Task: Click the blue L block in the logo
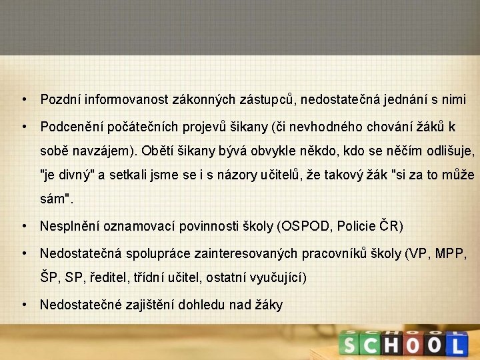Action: point(456,345)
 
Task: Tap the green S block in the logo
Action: point(349,345)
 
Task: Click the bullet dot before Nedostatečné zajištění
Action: point(24,304)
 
